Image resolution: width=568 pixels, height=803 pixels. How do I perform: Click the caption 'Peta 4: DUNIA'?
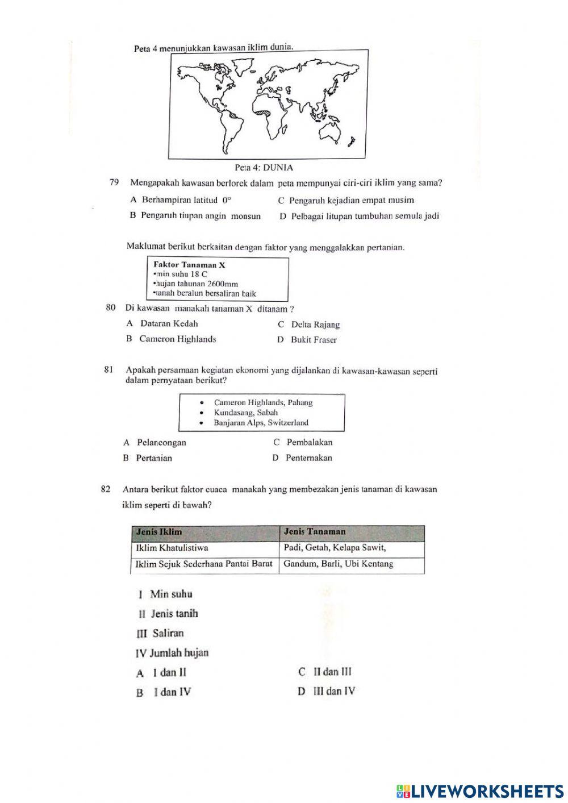(x=264, y=168)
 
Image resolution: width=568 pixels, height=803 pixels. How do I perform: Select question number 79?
(x=114, y=183)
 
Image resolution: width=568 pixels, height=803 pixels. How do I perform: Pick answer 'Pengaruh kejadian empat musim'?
(x=351, y=200)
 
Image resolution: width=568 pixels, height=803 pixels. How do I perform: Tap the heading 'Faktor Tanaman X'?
(x=190, y=265)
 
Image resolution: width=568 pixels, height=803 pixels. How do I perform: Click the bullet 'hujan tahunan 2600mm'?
(x=197, y=284)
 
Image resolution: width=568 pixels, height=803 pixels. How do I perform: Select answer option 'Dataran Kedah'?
(x=169, y=324)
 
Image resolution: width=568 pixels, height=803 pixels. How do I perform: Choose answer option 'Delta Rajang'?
(x=315, y=325)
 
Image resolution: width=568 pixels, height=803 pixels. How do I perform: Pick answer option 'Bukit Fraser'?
(x=314, y=340)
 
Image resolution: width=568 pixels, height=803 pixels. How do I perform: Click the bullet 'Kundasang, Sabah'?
(x=245, y=413)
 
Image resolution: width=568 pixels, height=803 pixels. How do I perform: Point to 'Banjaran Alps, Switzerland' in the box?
(x=261, y=423)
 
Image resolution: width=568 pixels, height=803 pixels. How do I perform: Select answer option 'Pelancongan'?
(x=161, y=443)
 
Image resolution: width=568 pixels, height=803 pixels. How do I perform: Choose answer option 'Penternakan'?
(x=308, y=458)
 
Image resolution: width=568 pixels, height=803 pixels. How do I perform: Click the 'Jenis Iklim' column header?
(x=159, y=532)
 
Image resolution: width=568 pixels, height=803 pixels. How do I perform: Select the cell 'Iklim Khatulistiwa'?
(x=172, y=548)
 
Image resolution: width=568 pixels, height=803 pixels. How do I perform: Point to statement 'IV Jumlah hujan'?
(x=172, y=653)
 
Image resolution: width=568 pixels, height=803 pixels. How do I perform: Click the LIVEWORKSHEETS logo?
(x=480, y=791)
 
